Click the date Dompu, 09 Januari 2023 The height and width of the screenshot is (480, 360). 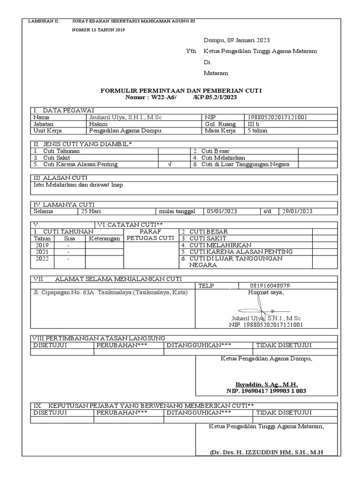237,40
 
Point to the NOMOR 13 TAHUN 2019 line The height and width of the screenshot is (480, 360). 98,30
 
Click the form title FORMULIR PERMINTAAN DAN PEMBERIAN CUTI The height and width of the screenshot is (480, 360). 181,90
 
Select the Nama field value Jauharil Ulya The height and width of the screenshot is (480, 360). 125,117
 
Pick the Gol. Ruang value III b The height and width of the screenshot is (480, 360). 254,124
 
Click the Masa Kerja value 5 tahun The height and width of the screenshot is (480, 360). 257,131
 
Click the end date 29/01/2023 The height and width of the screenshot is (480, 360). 297,211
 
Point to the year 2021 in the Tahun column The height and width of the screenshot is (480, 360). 42,252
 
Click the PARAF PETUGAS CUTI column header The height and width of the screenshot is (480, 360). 150,235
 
